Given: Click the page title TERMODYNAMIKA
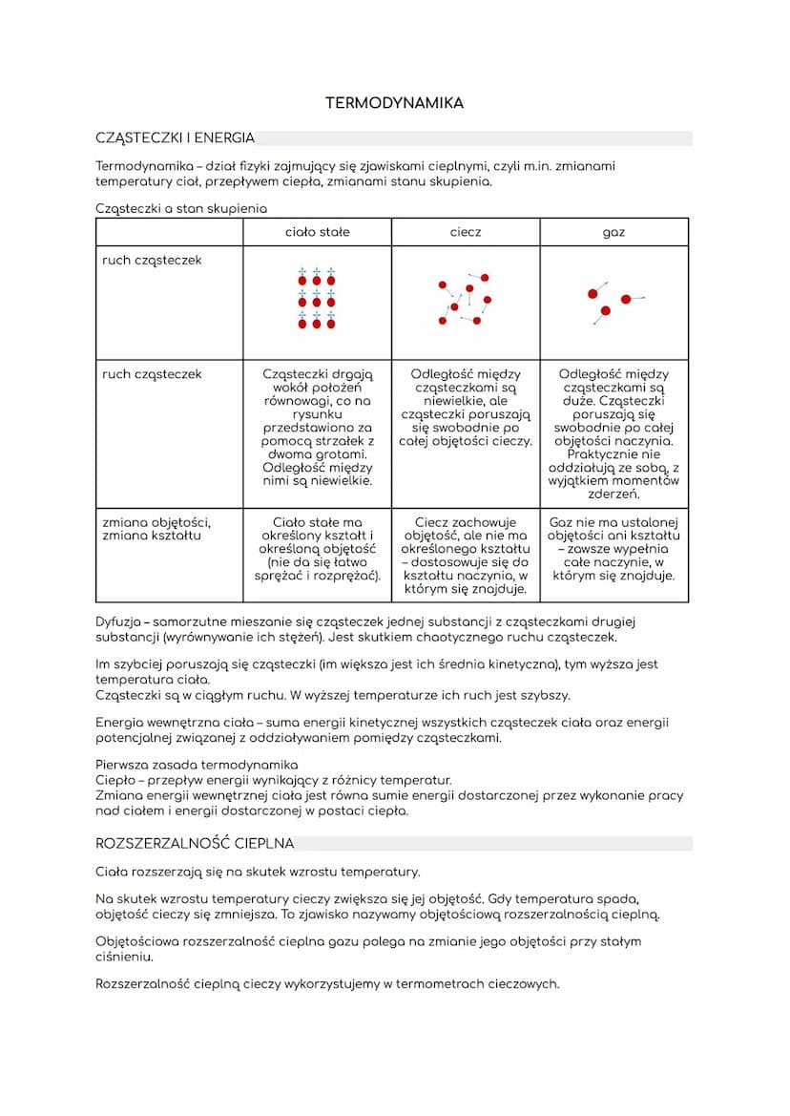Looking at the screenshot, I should pyautogui.click(x=394, y=103).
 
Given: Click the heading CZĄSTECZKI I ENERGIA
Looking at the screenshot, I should pyautogui.click(x=175, y=138).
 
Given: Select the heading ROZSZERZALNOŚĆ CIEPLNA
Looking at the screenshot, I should pyautogui.click(x=195, y=844).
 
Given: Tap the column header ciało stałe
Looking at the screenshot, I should pyautogui.click(x=317, y=232).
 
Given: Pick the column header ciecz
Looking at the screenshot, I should pyautogui.click(x=466, y=232).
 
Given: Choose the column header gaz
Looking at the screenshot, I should pyautogui.click(x=613, y=232).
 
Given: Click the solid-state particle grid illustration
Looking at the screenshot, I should pyautogui.click(x=317, y=300).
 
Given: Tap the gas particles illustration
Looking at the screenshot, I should pyautogui.click(x=612, y=301).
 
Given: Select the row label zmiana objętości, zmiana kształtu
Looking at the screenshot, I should pyautogui.click(x=156, y=529).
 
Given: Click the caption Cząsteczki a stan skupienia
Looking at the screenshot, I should pyautogui.click(x=181, y=208).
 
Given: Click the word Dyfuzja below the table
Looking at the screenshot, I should pyautogui.click(x=117, y=622).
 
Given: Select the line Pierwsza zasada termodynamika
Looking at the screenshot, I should pyautogui.click(x=197, y=765).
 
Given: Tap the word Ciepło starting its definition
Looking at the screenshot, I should pyautogui.click(x=114, y=780).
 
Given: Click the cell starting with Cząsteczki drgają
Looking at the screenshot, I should pyautogui.click(x=317, y=428).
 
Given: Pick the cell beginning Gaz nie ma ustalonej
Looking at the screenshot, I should pyautogui.click(x=613, y=549).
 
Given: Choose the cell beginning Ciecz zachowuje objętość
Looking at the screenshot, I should pyautogui.click(x=466, y=556).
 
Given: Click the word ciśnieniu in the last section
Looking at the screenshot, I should pyautogui.click(x=124, y=957).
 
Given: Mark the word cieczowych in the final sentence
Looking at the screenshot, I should pyautogui.click(x=523, y=984).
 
